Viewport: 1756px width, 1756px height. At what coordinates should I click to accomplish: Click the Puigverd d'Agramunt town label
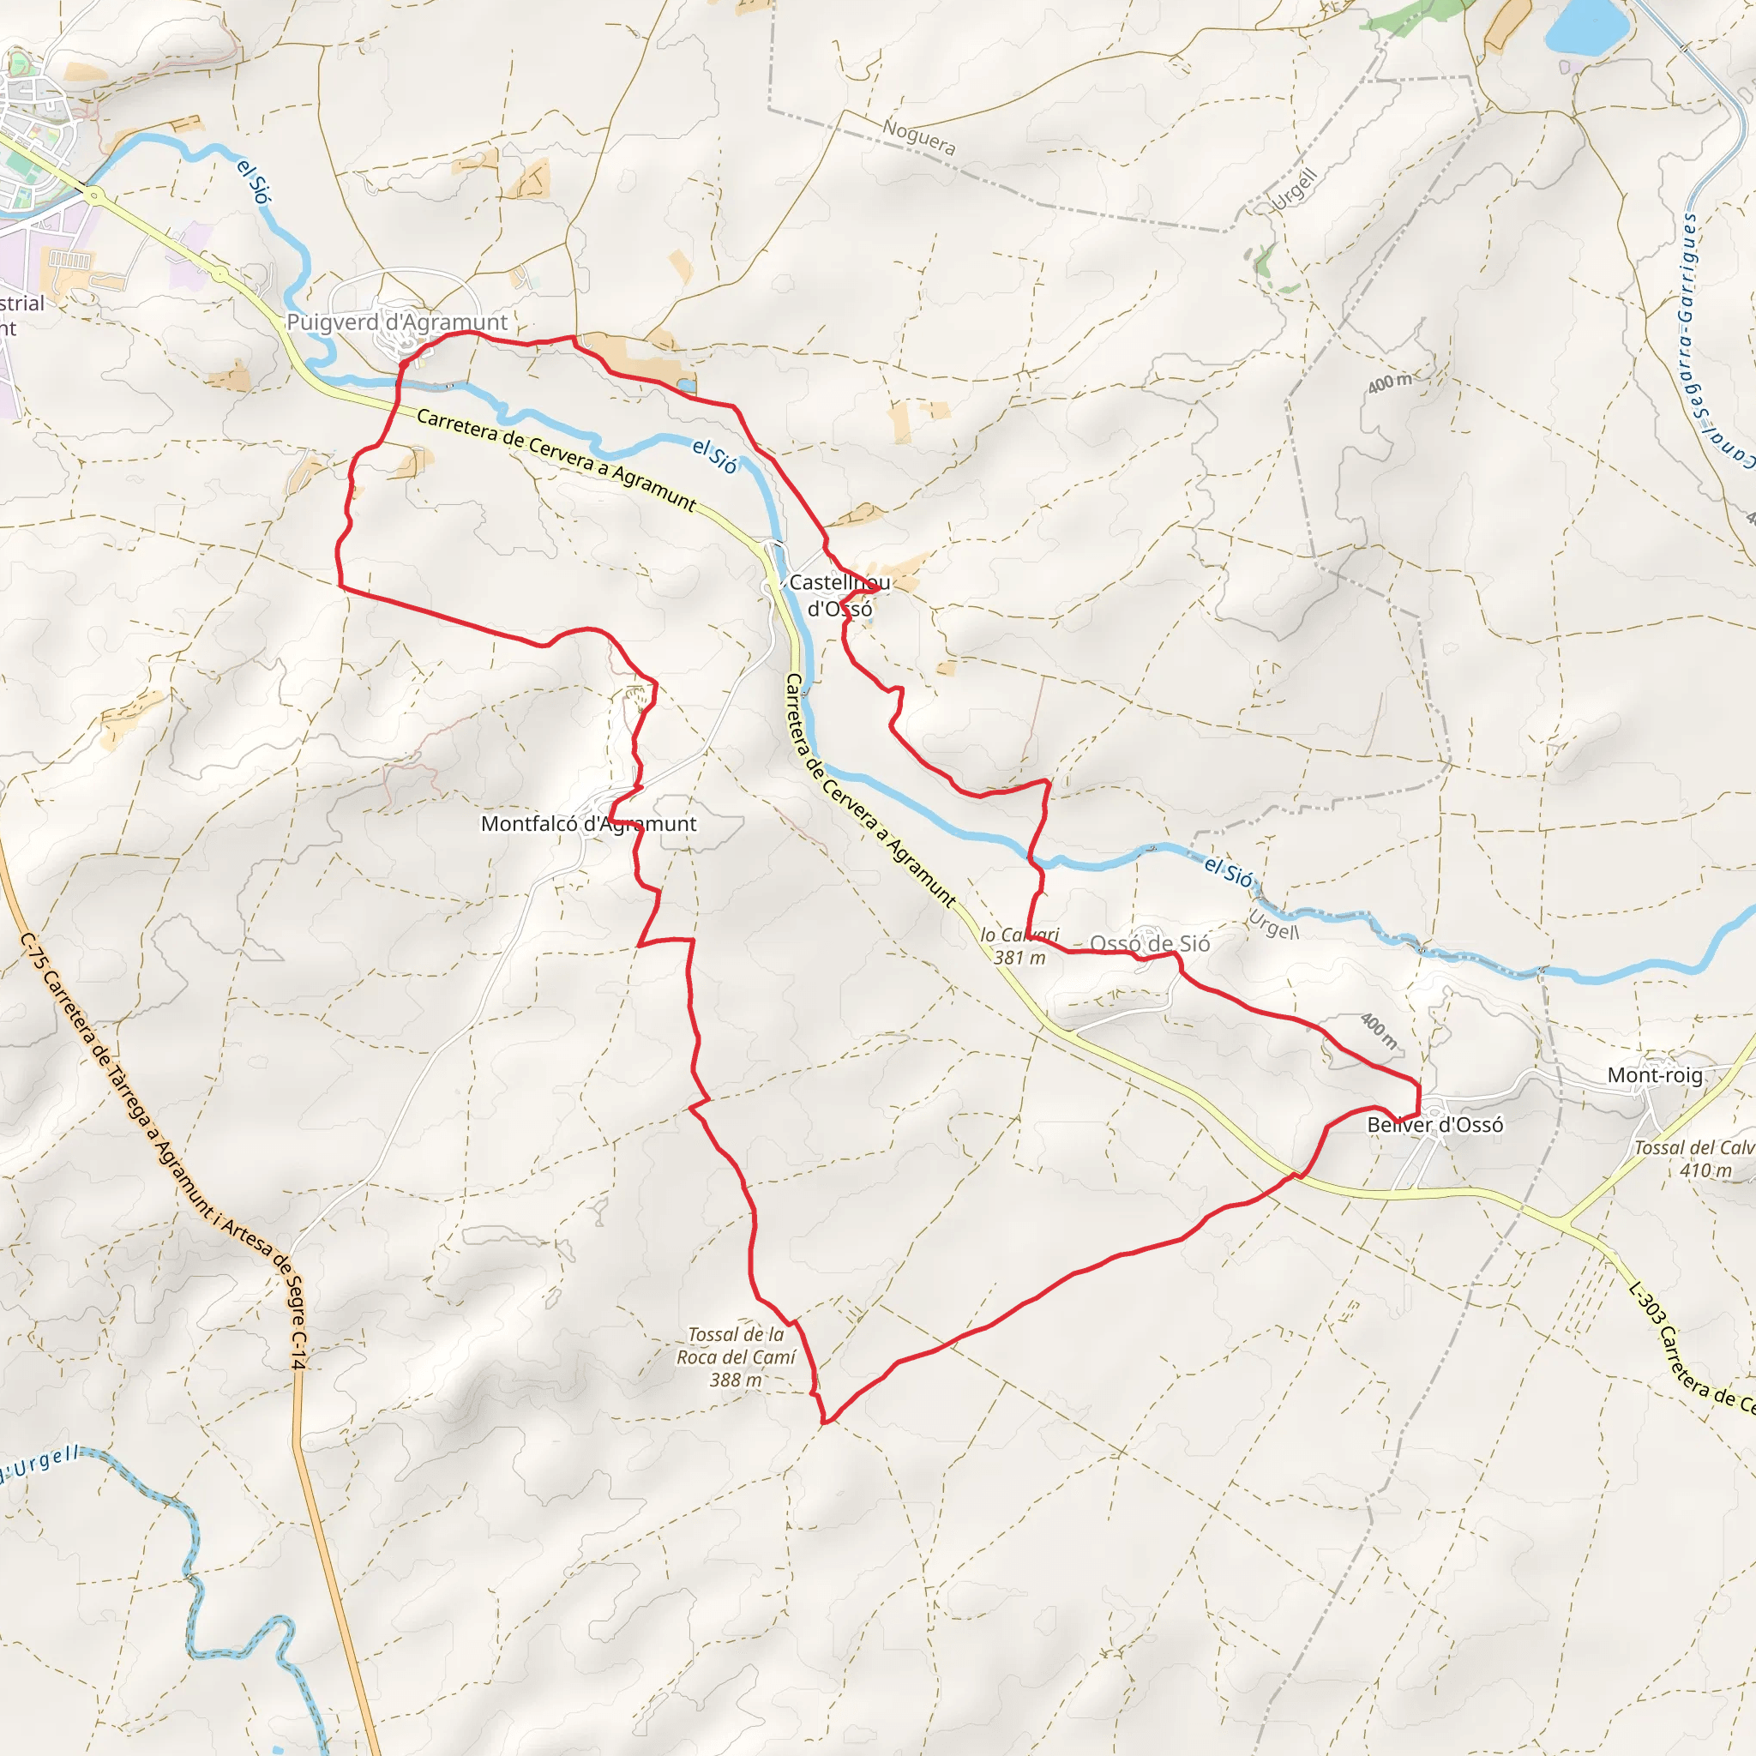[397, 322]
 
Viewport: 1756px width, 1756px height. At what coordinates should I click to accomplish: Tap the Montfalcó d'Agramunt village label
[588, 823]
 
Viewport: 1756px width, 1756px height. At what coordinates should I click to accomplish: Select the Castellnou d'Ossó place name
[839, 595]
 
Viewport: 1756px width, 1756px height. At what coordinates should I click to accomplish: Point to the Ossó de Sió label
[1150, 943]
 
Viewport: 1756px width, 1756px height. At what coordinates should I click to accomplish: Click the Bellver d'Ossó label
[1435, 1125]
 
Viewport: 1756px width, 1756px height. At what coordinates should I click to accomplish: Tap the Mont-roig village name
[1655, 1075]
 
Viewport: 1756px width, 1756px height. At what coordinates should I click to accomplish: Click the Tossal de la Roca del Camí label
[737, 1357]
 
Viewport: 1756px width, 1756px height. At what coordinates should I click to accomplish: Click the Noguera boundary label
[919, 137]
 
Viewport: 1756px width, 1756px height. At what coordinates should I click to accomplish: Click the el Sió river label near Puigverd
[254, 181]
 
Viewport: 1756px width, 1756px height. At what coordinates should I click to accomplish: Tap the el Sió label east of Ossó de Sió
[1228, 872]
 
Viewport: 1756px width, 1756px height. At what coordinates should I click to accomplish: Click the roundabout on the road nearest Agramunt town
[92, 195]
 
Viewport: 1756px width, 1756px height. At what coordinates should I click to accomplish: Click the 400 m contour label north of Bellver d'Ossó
[1380, 1030]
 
